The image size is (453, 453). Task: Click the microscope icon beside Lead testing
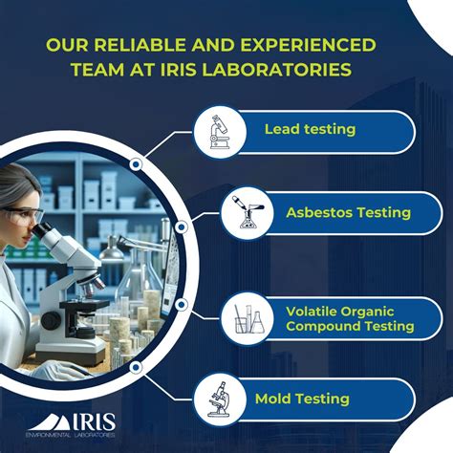[x=215, y=132]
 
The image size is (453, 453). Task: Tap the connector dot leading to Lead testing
[x=137, y=164]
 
